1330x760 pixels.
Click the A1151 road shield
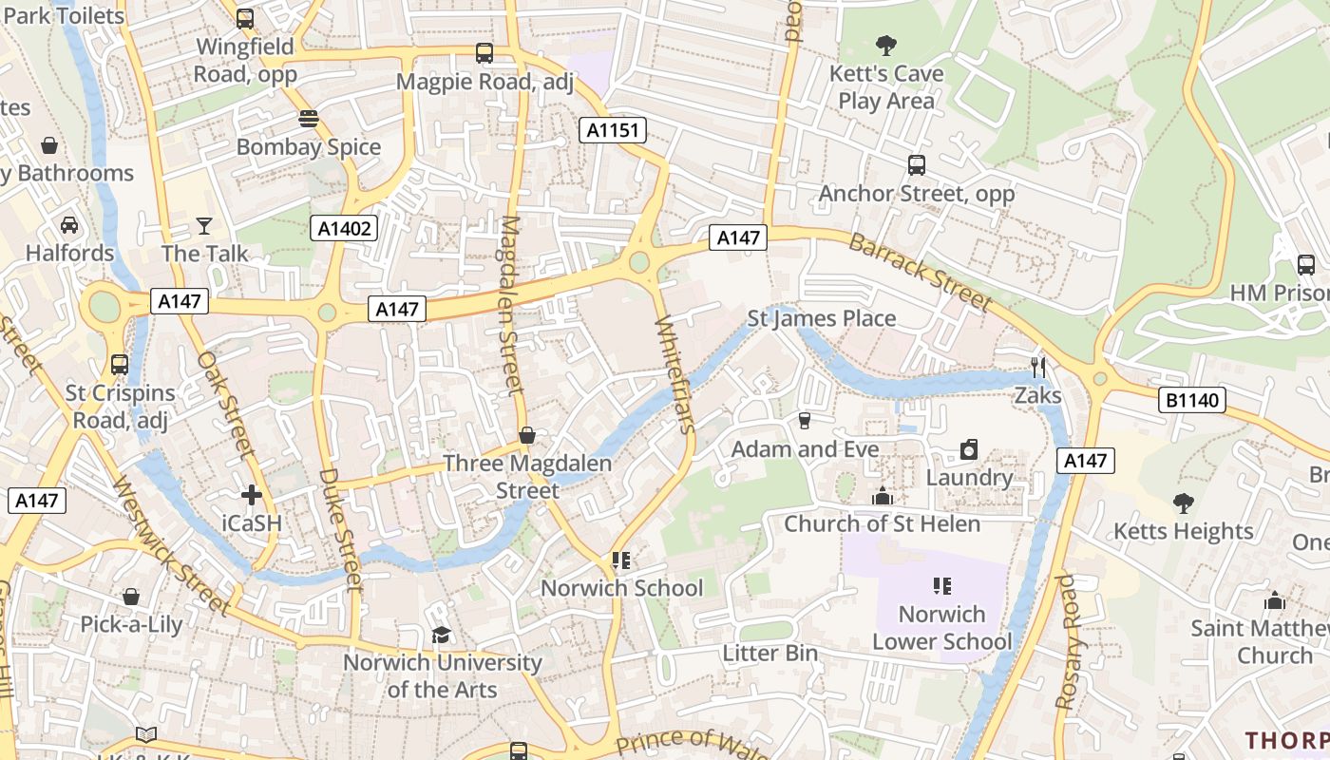click(x=613, y=130)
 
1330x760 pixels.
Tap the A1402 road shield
click(x=344, y=228)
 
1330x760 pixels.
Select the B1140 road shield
click(x=1192, y=400)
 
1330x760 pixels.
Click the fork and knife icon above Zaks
click(x=1037, y=367)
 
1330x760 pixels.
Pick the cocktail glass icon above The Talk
click(x=204, y=225)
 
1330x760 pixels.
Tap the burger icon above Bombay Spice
click(x=308, y=119)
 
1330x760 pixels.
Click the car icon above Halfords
click(x=69, y=225)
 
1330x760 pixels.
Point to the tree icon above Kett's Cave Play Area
click(x=885, y=45)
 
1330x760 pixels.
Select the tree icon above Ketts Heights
click(x=1183, y=503)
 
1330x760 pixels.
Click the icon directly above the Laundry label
click(x=969, y=449)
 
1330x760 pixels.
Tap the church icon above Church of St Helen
click(x=883, y=496)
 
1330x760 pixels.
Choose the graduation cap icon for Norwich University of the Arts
click(x=441, y=635)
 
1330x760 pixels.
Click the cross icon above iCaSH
click(x=252, y=495)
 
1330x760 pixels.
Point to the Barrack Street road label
click(x=920, y=272)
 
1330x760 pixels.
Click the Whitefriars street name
click(x=675, y=374)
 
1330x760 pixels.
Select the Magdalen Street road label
click(x=511, y=304)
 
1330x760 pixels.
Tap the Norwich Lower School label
click(x=942, y=628)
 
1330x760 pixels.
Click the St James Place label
click(x=822, y=318)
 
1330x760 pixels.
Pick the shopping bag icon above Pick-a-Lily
click(x=131, y=597)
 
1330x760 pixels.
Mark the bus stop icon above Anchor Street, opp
click(x=917, y=165)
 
